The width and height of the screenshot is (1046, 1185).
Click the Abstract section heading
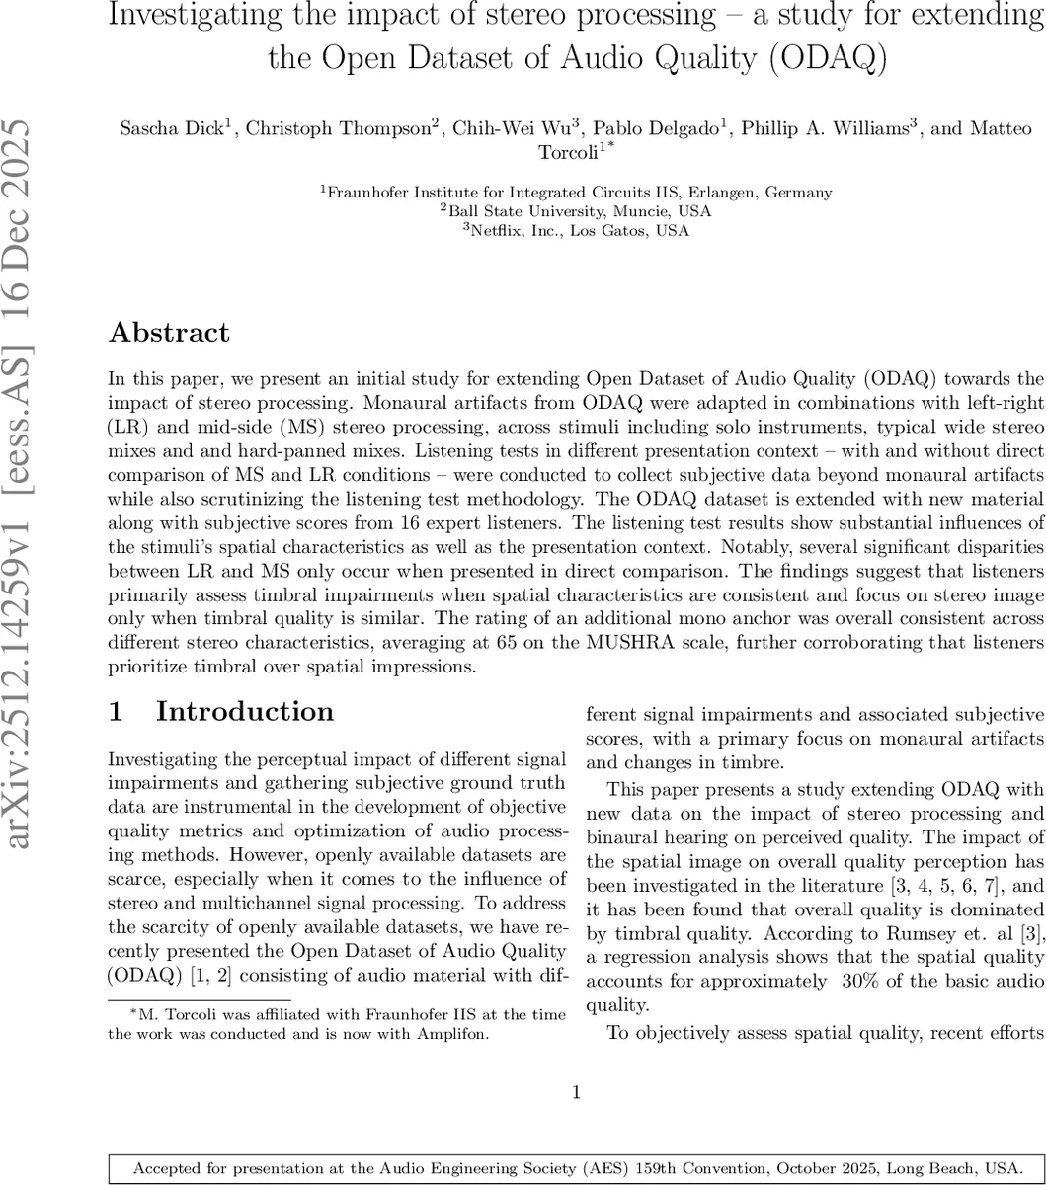(x=169, y=333)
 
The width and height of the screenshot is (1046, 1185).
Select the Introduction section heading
(x=245, y=712)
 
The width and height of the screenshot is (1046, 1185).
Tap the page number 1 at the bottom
(x=576, y=1092)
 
